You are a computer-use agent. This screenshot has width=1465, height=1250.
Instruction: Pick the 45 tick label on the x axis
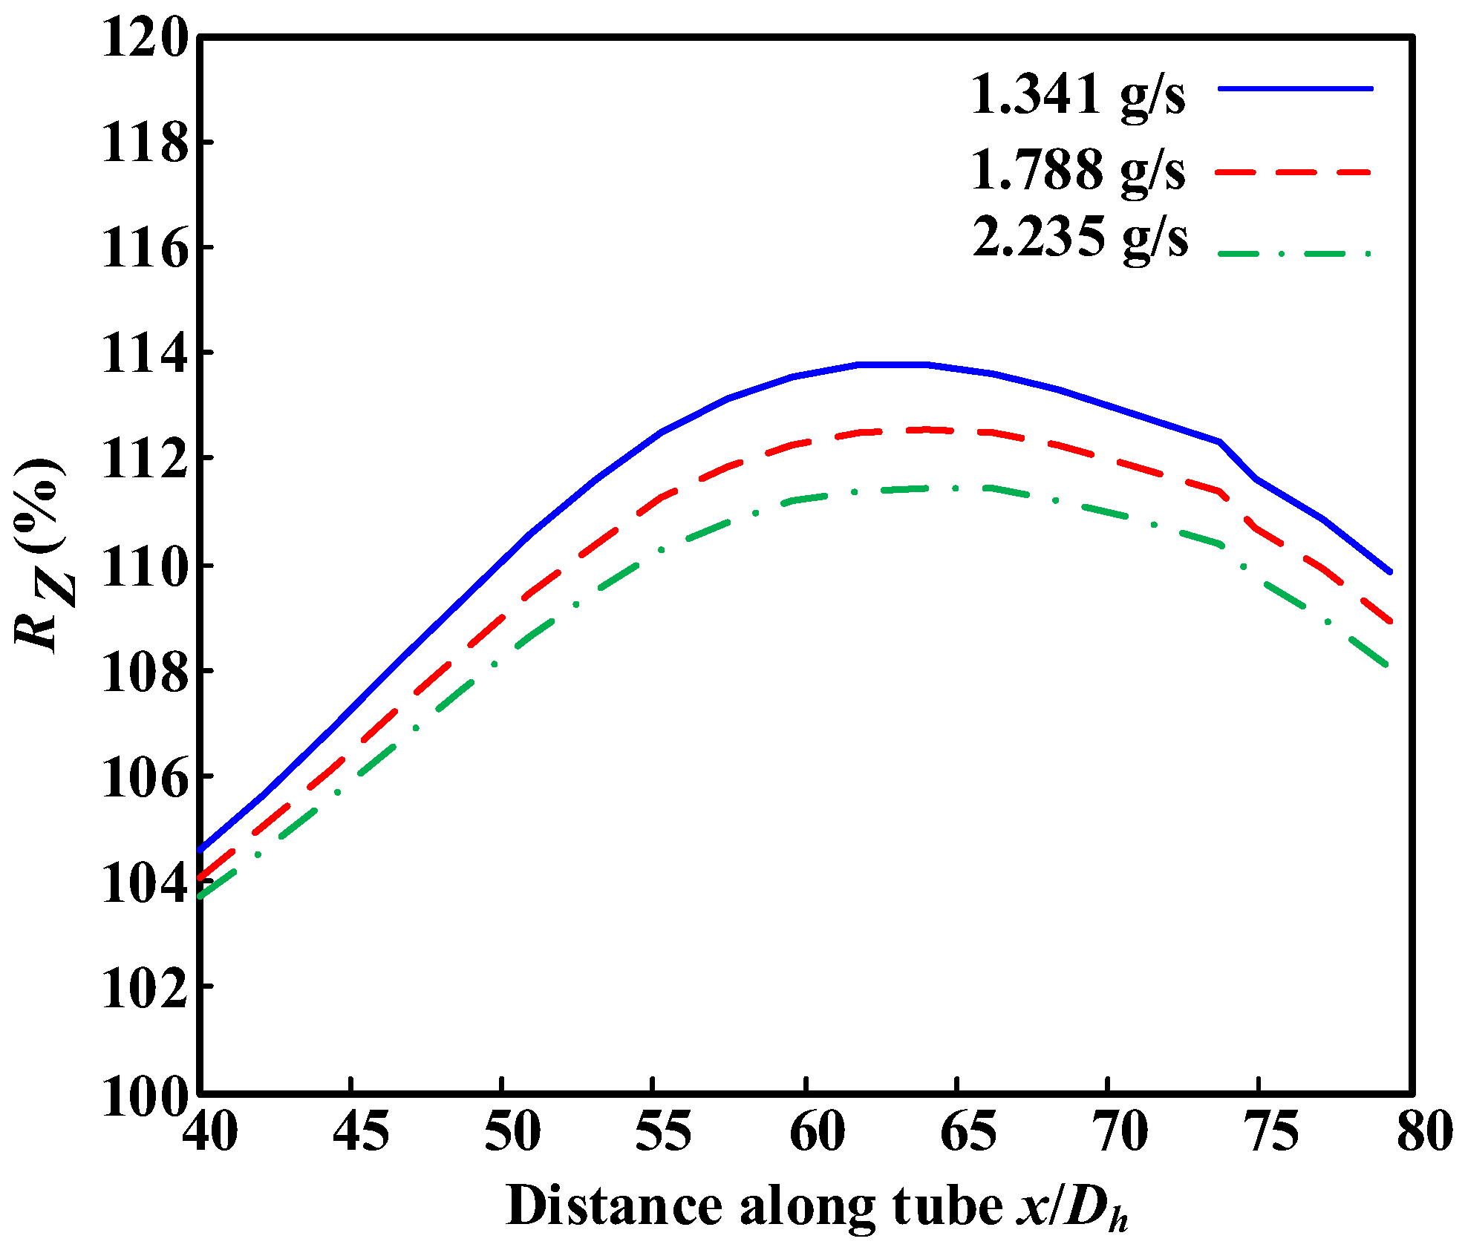361,1133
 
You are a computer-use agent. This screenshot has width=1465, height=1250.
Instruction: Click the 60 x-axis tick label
817,1133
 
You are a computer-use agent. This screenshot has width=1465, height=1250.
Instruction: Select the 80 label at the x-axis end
1424,1133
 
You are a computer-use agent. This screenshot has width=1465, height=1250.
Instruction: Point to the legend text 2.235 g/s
1080,238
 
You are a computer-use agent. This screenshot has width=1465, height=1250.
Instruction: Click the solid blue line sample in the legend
1296,88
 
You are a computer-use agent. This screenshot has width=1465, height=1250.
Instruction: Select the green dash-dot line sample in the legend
1296,254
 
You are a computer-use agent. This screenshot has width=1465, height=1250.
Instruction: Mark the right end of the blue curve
1390,572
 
